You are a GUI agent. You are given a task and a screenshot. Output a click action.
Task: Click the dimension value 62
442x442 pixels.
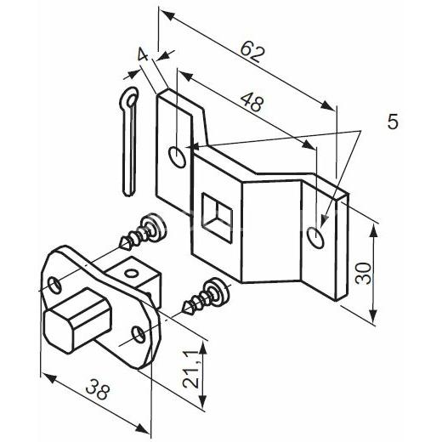click(252, 52)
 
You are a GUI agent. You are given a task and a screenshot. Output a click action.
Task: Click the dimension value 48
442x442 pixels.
click(252, 102)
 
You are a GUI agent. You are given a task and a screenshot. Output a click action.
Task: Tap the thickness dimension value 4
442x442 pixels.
click(143, 54)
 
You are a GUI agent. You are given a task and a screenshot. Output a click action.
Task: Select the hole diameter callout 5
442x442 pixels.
click(393, 122)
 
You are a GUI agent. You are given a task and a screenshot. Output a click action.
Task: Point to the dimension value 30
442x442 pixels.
click(364, 273)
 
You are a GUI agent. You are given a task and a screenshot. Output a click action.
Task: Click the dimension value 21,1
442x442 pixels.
click(190, 370)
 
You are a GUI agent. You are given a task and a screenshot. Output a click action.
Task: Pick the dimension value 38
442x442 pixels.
click(98, 389)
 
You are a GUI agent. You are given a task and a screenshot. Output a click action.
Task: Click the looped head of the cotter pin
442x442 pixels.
click(130, 98)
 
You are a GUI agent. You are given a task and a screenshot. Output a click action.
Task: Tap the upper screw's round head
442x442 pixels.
click(155, 228)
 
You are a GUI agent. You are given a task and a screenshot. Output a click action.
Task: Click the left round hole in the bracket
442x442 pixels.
click(178, 157)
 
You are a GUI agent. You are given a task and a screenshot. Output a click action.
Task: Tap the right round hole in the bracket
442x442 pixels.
click(315, 237)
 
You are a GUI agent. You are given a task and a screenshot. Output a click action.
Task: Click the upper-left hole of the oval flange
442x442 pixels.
click(54, 285)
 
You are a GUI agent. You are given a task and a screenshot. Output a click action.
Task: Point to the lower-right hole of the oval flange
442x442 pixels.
click(139, 335)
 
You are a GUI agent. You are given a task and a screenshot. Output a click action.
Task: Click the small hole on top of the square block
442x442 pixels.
click(132, 274)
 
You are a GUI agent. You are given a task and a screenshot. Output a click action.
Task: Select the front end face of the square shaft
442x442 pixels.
click(59, 331)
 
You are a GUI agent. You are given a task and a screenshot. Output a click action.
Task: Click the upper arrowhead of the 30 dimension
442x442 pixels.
click(374, 230)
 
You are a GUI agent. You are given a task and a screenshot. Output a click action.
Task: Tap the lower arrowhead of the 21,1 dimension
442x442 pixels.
click(202, 400)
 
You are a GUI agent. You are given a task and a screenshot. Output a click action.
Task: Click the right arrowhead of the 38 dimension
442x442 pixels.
click(142, 428)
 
